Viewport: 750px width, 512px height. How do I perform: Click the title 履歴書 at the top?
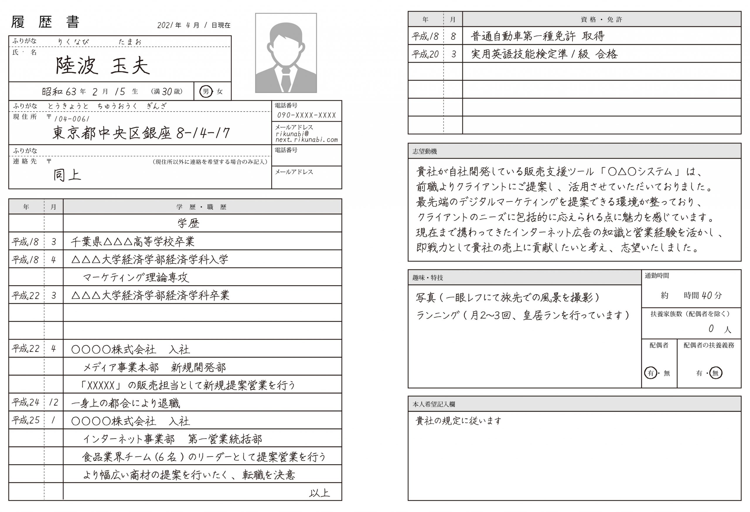[x=45, y=22]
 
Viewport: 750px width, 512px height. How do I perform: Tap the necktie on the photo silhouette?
[x=286, y=79]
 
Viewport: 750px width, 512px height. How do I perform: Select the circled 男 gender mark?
[x=206, y=91]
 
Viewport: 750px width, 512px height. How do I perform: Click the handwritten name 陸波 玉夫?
[x=103, y=66]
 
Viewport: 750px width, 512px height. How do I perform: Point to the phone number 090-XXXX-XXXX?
[x=306, y=115]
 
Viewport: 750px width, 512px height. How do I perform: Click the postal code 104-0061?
[x=72, y=119]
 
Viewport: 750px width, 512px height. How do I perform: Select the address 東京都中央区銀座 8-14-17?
[x=141, y=133]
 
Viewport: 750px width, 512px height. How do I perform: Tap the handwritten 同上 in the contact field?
[x=67, y=175]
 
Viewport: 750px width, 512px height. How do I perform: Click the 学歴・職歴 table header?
[x=201, y=207]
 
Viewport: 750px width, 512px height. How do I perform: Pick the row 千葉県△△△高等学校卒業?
[x=133, y=242]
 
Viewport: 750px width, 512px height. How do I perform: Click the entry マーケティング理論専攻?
[x=136, y=277]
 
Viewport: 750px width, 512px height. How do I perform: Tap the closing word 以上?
[x=319, y=493]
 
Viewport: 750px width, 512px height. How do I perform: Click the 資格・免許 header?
[x=601, y=19]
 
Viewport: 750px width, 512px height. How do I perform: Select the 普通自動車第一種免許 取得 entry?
[x=537, y=36]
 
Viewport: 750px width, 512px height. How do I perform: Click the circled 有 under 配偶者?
[x=651, y=373]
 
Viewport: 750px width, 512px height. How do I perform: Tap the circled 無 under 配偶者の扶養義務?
[x=715, y=373]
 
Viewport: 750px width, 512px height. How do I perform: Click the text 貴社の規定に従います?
[x=458, y=421]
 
